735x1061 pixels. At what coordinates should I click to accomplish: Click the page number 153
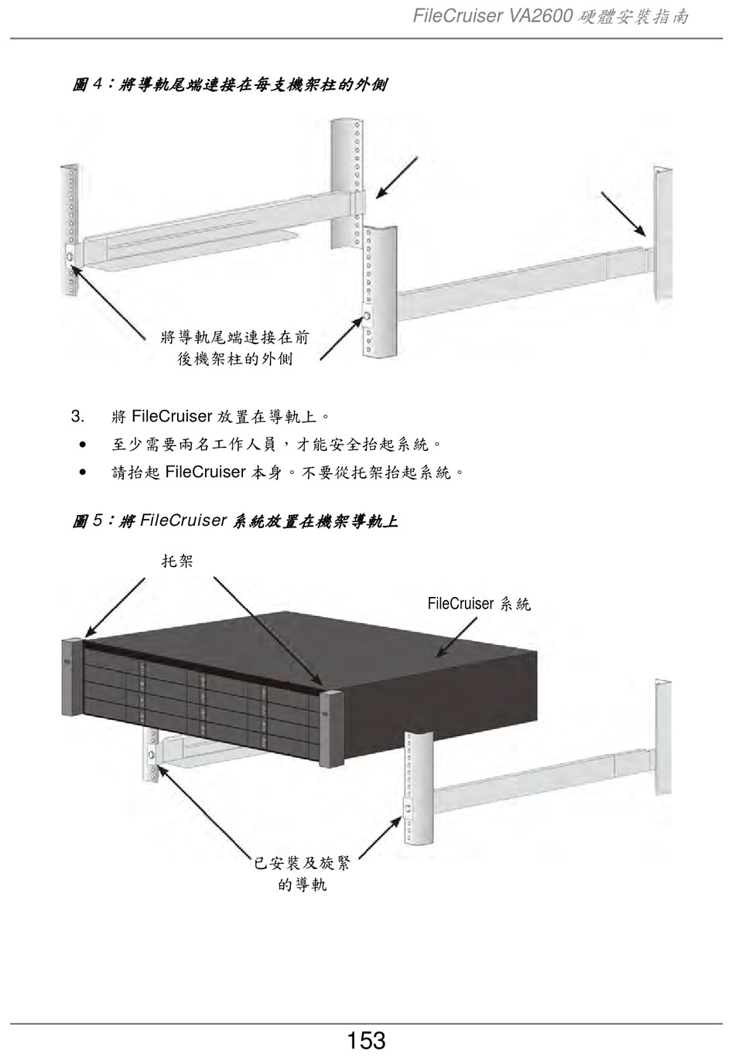click(x=366, y=1040)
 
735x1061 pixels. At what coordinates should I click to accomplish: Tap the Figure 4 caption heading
click(x=230, y=84)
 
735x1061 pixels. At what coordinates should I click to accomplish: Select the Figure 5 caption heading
click(x=235, y=521)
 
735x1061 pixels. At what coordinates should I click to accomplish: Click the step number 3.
click(x=77, y=417)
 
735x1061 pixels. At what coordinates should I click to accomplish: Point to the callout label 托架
click(x=177, y=561)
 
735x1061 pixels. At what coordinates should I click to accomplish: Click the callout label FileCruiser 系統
click(x=479, y=604)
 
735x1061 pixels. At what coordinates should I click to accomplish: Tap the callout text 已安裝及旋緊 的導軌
click(x=303, y=873)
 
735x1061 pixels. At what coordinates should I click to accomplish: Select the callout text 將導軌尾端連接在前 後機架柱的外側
click(x=235, y=348)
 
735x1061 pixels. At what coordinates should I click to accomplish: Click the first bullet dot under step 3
click(x=81, y=445)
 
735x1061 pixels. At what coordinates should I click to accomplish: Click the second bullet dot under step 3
click(x=81, y=472)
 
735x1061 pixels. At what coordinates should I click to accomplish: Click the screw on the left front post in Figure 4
click(x=70, y=256)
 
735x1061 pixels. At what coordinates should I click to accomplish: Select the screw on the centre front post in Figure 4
click(x=367, y=317)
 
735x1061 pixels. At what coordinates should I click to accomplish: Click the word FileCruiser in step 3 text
click(x=172, y=417)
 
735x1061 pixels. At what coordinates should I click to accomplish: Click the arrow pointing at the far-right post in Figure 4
click(x=623, y=213)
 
